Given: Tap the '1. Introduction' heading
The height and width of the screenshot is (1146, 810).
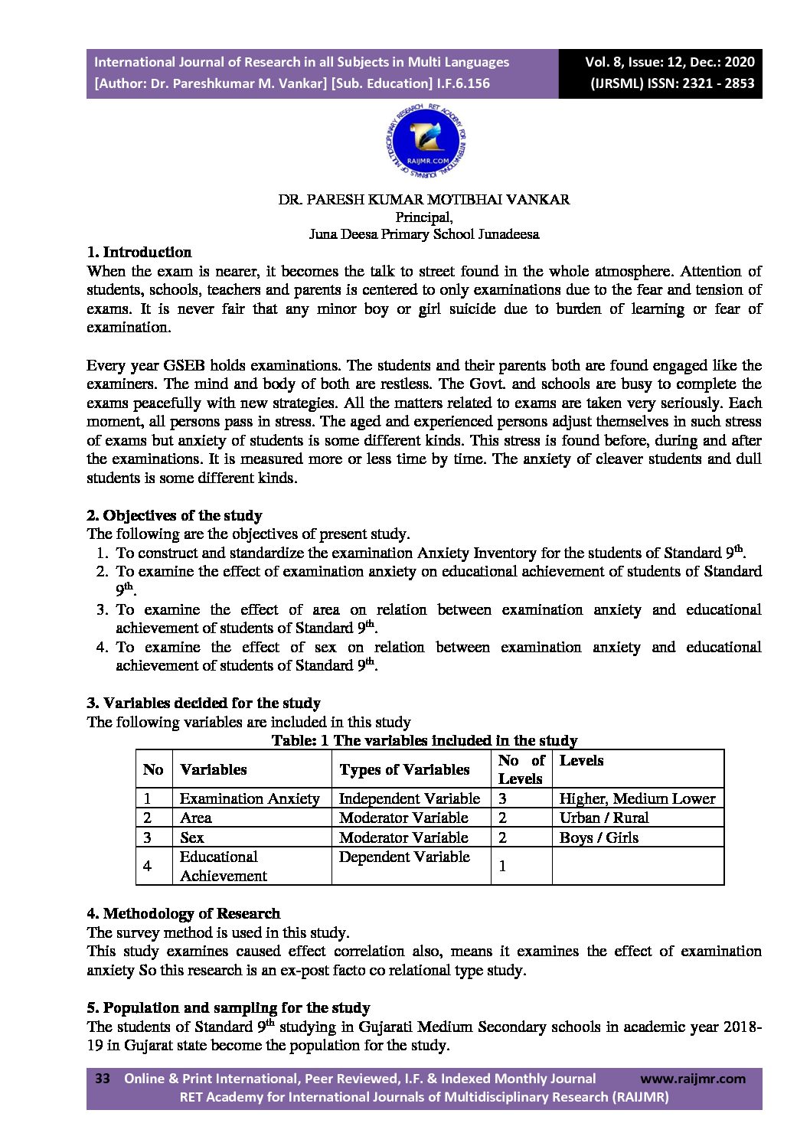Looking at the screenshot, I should (139, 252).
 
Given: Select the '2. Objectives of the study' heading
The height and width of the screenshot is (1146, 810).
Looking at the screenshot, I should (175, 515).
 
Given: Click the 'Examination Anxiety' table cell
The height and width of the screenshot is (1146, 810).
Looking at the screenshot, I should (249, 798).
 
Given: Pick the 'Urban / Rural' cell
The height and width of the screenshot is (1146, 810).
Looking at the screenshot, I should (603, 818).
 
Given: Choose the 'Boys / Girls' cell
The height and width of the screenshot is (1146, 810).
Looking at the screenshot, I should (598, 837).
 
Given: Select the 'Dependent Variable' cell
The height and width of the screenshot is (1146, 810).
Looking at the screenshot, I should (403, 857).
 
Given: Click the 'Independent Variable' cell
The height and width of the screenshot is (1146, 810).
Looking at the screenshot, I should (409, 798).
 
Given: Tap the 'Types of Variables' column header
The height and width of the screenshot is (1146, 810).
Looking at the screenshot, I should (403, 769).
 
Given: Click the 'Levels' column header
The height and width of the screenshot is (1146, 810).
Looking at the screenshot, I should (581, 760).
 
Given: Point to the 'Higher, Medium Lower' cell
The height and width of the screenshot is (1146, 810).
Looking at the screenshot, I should (637, 798).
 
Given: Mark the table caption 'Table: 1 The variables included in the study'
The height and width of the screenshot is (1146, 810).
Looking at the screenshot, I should (424, 740).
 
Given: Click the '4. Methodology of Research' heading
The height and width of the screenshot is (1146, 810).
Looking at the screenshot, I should (183, 913).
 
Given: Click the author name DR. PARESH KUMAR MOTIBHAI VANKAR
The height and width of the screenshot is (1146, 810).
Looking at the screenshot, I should (423, 200).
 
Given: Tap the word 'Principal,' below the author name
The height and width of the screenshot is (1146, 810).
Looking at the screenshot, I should (423, 217).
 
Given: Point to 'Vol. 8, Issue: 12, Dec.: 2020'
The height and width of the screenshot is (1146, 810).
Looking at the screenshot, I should (669, 62).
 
